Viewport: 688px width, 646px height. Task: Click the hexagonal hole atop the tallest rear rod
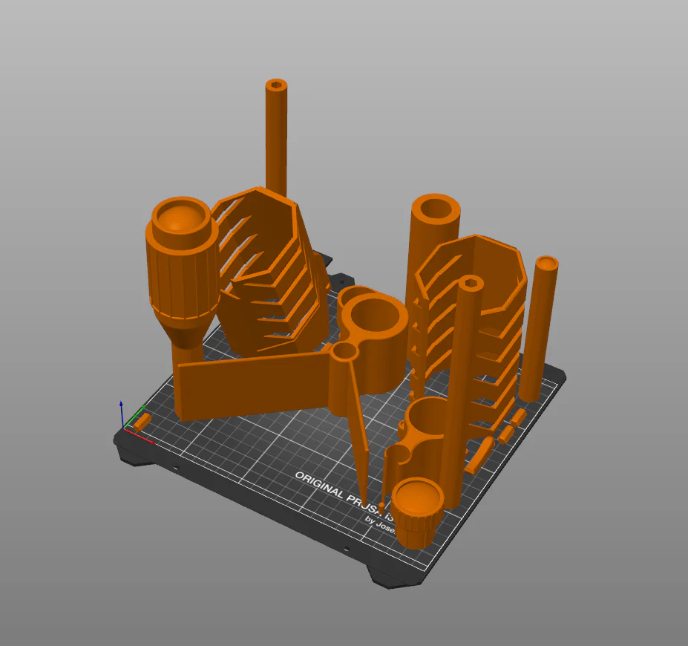tap(276, 85)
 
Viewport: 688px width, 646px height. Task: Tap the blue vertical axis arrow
tap(122, 413)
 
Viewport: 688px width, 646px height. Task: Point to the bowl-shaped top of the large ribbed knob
tap(180, 217)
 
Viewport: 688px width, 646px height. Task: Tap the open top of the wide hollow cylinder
tap(438, 208)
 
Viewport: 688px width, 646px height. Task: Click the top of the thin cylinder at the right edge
tap(547, 263)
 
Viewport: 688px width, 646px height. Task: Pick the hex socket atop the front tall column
tap(471, 283)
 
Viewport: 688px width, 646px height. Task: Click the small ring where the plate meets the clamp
tap(344, 350)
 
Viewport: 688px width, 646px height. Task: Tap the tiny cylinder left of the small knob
tap(383, 506)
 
